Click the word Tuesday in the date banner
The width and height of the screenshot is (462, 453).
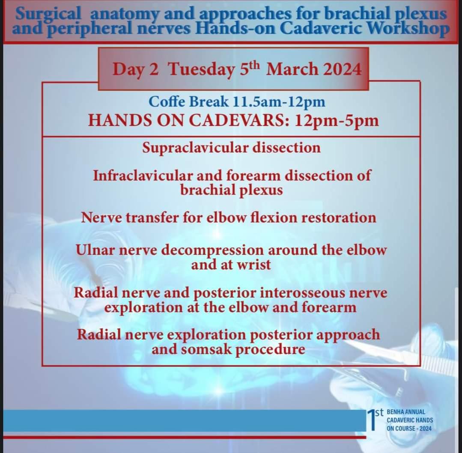[x=201, y=69]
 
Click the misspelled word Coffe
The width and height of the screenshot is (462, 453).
[x=167, y=102]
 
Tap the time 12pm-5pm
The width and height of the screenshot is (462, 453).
[x=337, y=121]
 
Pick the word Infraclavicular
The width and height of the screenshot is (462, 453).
[x=143, y=176]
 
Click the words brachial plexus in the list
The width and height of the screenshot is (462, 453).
[x=232, y=190]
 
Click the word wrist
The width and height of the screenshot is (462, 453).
[x=253, y=265]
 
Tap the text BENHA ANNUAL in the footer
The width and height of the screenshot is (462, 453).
[x=405, y=412]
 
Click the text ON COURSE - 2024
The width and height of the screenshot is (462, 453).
[x=408, y=428]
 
